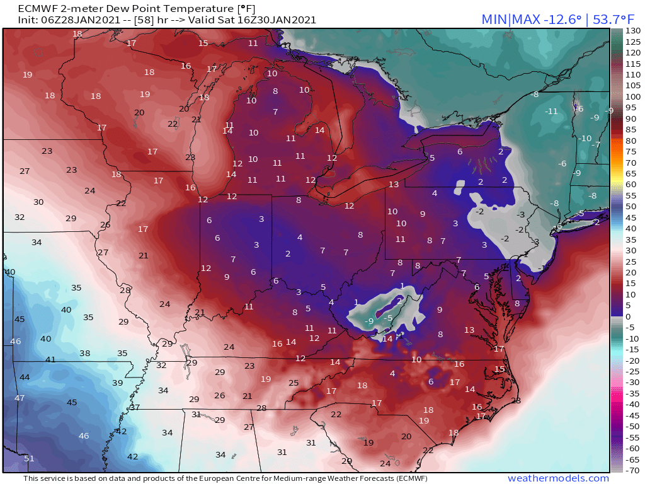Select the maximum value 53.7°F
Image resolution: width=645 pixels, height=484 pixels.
click(x=617, y=19)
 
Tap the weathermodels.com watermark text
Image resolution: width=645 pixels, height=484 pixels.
click(x=558, y=478)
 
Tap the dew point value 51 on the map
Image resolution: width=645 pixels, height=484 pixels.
click(x=29, y=458)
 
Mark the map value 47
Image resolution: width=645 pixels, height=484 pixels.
click(x=20, y=398)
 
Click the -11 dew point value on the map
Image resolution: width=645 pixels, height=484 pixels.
click(x=552, y=111)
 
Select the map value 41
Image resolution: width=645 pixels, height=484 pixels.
click(x=50, y=360)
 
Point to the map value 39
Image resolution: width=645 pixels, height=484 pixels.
click(x=117, y=383)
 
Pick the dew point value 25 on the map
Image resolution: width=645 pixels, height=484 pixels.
click(x=294, y=383)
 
